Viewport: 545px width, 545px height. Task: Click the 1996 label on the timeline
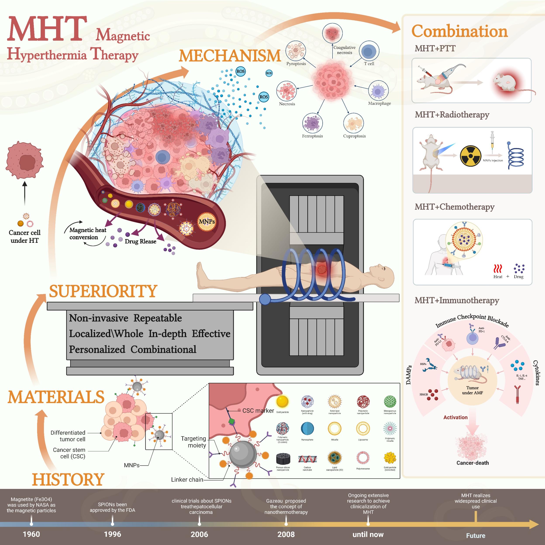point(112,534)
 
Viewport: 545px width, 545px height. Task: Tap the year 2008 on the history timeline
point(286,534)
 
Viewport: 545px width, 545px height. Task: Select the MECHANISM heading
point(230,56)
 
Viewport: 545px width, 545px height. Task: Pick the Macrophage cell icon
point(378,91)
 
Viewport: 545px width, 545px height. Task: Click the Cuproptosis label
point(354,136)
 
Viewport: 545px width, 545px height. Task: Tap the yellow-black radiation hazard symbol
point(470,156)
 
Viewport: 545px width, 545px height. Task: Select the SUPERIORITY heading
point(103,291)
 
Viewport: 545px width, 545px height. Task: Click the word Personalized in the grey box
point(97,349)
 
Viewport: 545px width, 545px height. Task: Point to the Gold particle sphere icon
point(282,401)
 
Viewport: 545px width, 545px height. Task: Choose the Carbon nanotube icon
point(307,459)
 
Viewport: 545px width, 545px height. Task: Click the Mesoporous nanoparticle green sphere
point(390,401)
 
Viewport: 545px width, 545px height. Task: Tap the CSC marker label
point(258,411)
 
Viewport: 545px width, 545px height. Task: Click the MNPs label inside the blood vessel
point(207,221)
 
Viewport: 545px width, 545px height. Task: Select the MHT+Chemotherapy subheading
point(454,207)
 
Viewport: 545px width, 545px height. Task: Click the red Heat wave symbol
point(498,269)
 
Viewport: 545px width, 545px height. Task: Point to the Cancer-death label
point(473,463)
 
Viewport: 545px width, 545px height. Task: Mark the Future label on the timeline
point(476,535)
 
